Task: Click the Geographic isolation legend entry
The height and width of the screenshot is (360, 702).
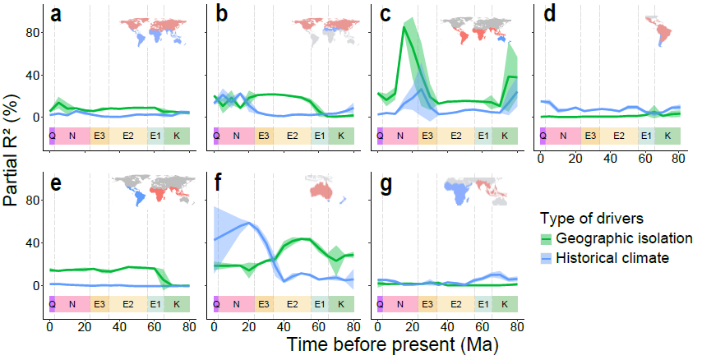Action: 612,238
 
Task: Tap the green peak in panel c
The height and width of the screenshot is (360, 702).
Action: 404,28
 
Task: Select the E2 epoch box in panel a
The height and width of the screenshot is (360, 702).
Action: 128,136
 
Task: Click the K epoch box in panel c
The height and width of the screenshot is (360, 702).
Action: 505,136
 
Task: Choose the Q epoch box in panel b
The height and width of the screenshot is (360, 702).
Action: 216,136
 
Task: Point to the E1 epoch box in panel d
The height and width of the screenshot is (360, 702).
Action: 646,136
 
